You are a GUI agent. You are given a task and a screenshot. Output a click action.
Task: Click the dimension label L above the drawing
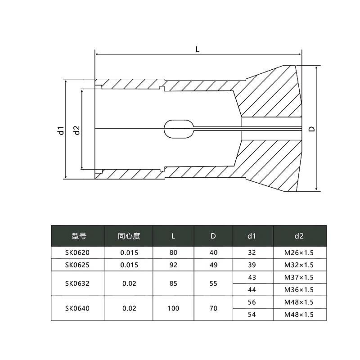click(198, 50)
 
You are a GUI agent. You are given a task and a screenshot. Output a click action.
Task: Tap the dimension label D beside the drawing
click(311, 129)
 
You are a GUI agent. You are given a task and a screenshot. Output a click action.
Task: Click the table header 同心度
click(129, 236)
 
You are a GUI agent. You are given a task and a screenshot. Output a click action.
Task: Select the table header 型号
click(78, 236)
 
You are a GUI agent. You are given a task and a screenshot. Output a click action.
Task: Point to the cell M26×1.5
click(299, 252)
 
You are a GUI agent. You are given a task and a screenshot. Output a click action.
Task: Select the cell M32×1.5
click(299, 265)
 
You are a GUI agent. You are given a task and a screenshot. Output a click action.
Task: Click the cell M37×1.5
click(299, 277)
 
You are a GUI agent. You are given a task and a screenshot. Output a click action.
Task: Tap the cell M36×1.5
click(299, 289)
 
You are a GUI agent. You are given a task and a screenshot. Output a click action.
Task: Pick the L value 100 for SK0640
click(173, 308)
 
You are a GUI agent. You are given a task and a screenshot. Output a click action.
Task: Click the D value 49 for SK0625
click(213, 265)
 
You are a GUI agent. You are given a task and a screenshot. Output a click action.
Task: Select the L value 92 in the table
click(173, 265)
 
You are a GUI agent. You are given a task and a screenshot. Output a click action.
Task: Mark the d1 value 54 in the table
click(252, 315)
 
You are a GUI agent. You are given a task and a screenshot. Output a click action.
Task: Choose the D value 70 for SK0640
click(213, 308)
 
